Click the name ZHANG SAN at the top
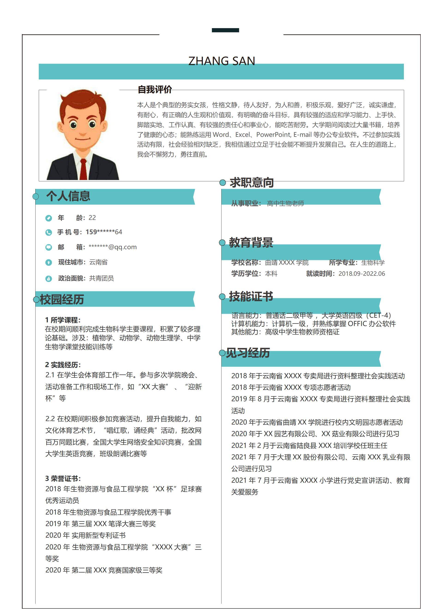[x=222, y=61]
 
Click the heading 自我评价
[x=155, y=90]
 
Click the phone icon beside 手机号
[x=49, y=232]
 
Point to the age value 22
[x=92, y=218]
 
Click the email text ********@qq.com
[x=113, y=247]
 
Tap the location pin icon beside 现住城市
[x=49, y=262]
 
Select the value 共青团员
[x=101, y=278]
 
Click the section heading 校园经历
[x=62, y=300]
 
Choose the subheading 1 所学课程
[x=63, y=320]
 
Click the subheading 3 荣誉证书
[x=63, y=478]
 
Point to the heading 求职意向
[x=252, y=183]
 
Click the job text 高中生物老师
[x=285, y=203]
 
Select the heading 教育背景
[x=251, y=242]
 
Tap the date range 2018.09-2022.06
[x=362, y=274]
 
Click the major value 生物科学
[x=373, y=262]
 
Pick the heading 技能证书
[x=251, y=297]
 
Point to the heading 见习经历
[x=248, y=353]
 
